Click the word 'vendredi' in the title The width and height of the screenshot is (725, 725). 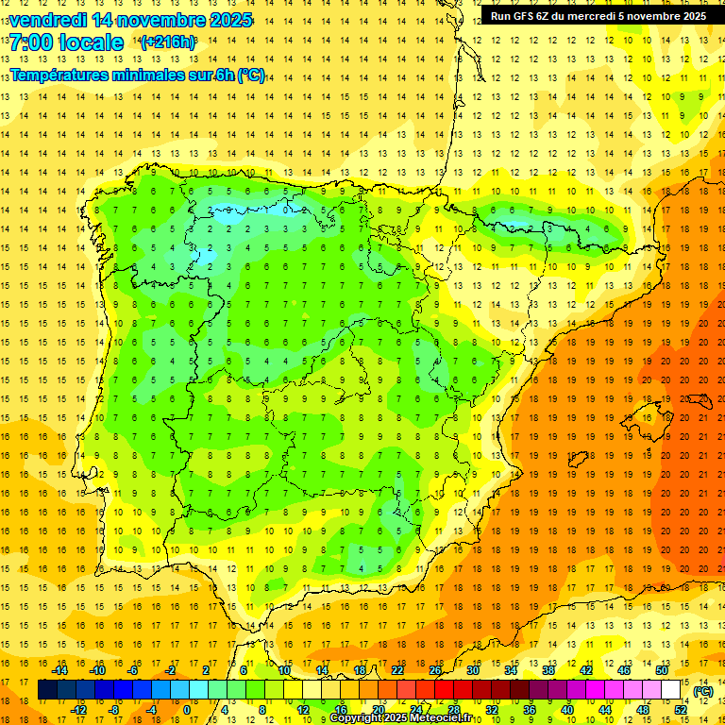click(x=51, y=20)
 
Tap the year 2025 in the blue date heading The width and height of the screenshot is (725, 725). click(x=228, y=20)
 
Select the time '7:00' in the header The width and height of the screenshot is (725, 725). click(x=32, y=42)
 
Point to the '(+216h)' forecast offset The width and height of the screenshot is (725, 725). click(x=168, y=42)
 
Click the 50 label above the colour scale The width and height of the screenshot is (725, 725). click(x=661, y=670)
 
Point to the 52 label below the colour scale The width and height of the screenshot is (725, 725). click(x=680, y=710)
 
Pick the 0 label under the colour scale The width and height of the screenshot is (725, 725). click(x=186, y=710)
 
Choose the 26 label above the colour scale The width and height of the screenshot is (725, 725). click(x=435, y=670)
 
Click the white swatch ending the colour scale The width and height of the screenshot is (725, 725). click(x=670, y=690)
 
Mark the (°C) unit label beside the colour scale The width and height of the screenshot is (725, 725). click(x=703, y=691)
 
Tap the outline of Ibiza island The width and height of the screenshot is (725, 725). click(x=577, y=459)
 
